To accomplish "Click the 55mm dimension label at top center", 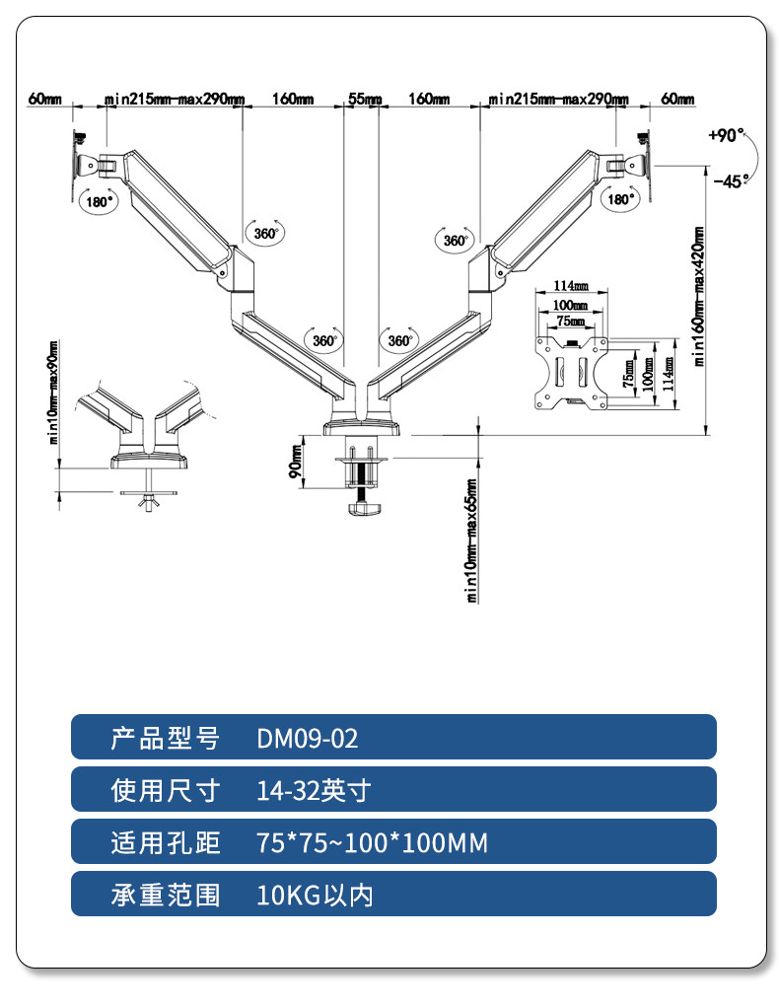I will click(363, 100).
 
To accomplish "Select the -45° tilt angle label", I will click(731, 180).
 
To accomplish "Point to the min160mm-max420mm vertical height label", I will click(700, 297).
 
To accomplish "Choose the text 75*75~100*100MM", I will click(372, 843).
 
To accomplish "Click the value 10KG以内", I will click(315, 896).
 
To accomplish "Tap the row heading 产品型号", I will click(165, 738).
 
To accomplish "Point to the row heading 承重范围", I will click(165, 896).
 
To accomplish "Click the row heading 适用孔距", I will click(165, 843).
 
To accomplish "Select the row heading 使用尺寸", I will click(165, 790).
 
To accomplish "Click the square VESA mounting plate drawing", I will click(571, 372).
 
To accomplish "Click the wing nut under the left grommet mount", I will click(147, 503).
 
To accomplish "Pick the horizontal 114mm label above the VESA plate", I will click(570, 286).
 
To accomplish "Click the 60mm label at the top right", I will click(677, 100).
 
